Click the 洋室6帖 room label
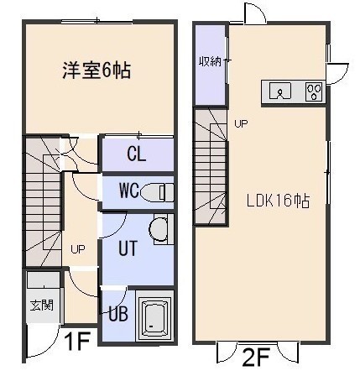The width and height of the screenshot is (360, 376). (x=97, y=70)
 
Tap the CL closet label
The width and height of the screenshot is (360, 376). (x=137, y=154)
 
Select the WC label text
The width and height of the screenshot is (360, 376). (x=129, y=191)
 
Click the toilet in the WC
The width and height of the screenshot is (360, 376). (x=157, y=192)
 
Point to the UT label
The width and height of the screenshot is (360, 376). (x=128, y=248)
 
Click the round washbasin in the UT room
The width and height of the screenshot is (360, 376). (x=159, y=230)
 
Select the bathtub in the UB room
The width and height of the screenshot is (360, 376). (x=154, y=316)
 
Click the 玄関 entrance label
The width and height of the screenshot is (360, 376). (x=42, y=305)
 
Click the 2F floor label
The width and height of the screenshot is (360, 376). (x=255, y=358)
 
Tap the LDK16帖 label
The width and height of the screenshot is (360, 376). (x=278, y=201)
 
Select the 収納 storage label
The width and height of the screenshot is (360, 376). (x=210, y=61)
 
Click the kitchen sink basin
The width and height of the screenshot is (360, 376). (x=280, y=91)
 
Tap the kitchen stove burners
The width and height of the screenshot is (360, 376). (x=315, y=91)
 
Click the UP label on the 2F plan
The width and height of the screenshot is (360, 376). (x=241, y=123)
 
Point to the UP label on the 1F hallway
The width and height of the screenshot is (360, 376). (x=78, y=248)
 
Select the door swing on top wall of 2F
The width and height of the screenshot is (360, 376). (x=254, y=13)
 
